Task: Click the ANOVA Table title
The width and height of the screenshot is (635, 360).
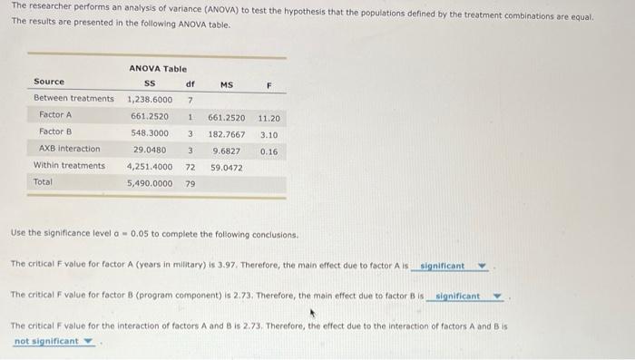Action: (157, 68)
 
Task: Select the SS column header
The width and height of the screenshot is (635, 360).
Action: (151, 83)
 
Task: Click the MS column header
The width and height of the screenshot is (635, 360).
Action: (226, 84)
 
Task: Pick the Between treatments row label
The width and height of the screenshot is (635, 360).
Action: (73, 98)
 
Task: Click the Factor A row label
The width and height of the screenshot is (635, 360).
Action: (55, 115)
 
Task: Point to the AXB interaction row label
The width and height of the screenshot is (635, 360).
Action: (70, 149)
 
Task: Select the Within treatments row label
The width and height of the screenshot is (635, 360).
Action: (69, 165)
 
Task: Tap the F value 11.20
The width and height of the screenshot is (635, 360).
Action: (269, 117)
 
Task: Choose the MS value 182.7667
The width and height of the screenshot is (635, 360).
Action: (226, 133)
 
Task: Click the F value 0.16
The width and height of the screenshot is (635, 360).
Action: (269, 151)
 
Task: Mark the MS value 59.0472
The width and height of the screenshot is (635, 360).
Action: (226, 167)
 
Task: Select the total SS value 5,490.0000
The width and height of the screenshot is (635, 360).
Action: (150, 182)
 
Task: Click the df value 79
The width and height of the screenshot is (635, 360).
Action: (190, 182)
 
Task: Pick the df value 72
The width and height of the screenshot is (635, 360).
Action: (190, 167)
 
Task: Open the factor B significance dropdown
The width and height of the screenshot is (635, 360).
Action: (468, 297)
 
